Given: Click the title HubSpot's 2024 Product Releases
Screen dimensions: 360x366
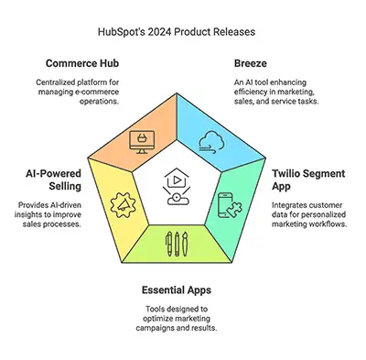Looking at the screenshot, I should point(182,31).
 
